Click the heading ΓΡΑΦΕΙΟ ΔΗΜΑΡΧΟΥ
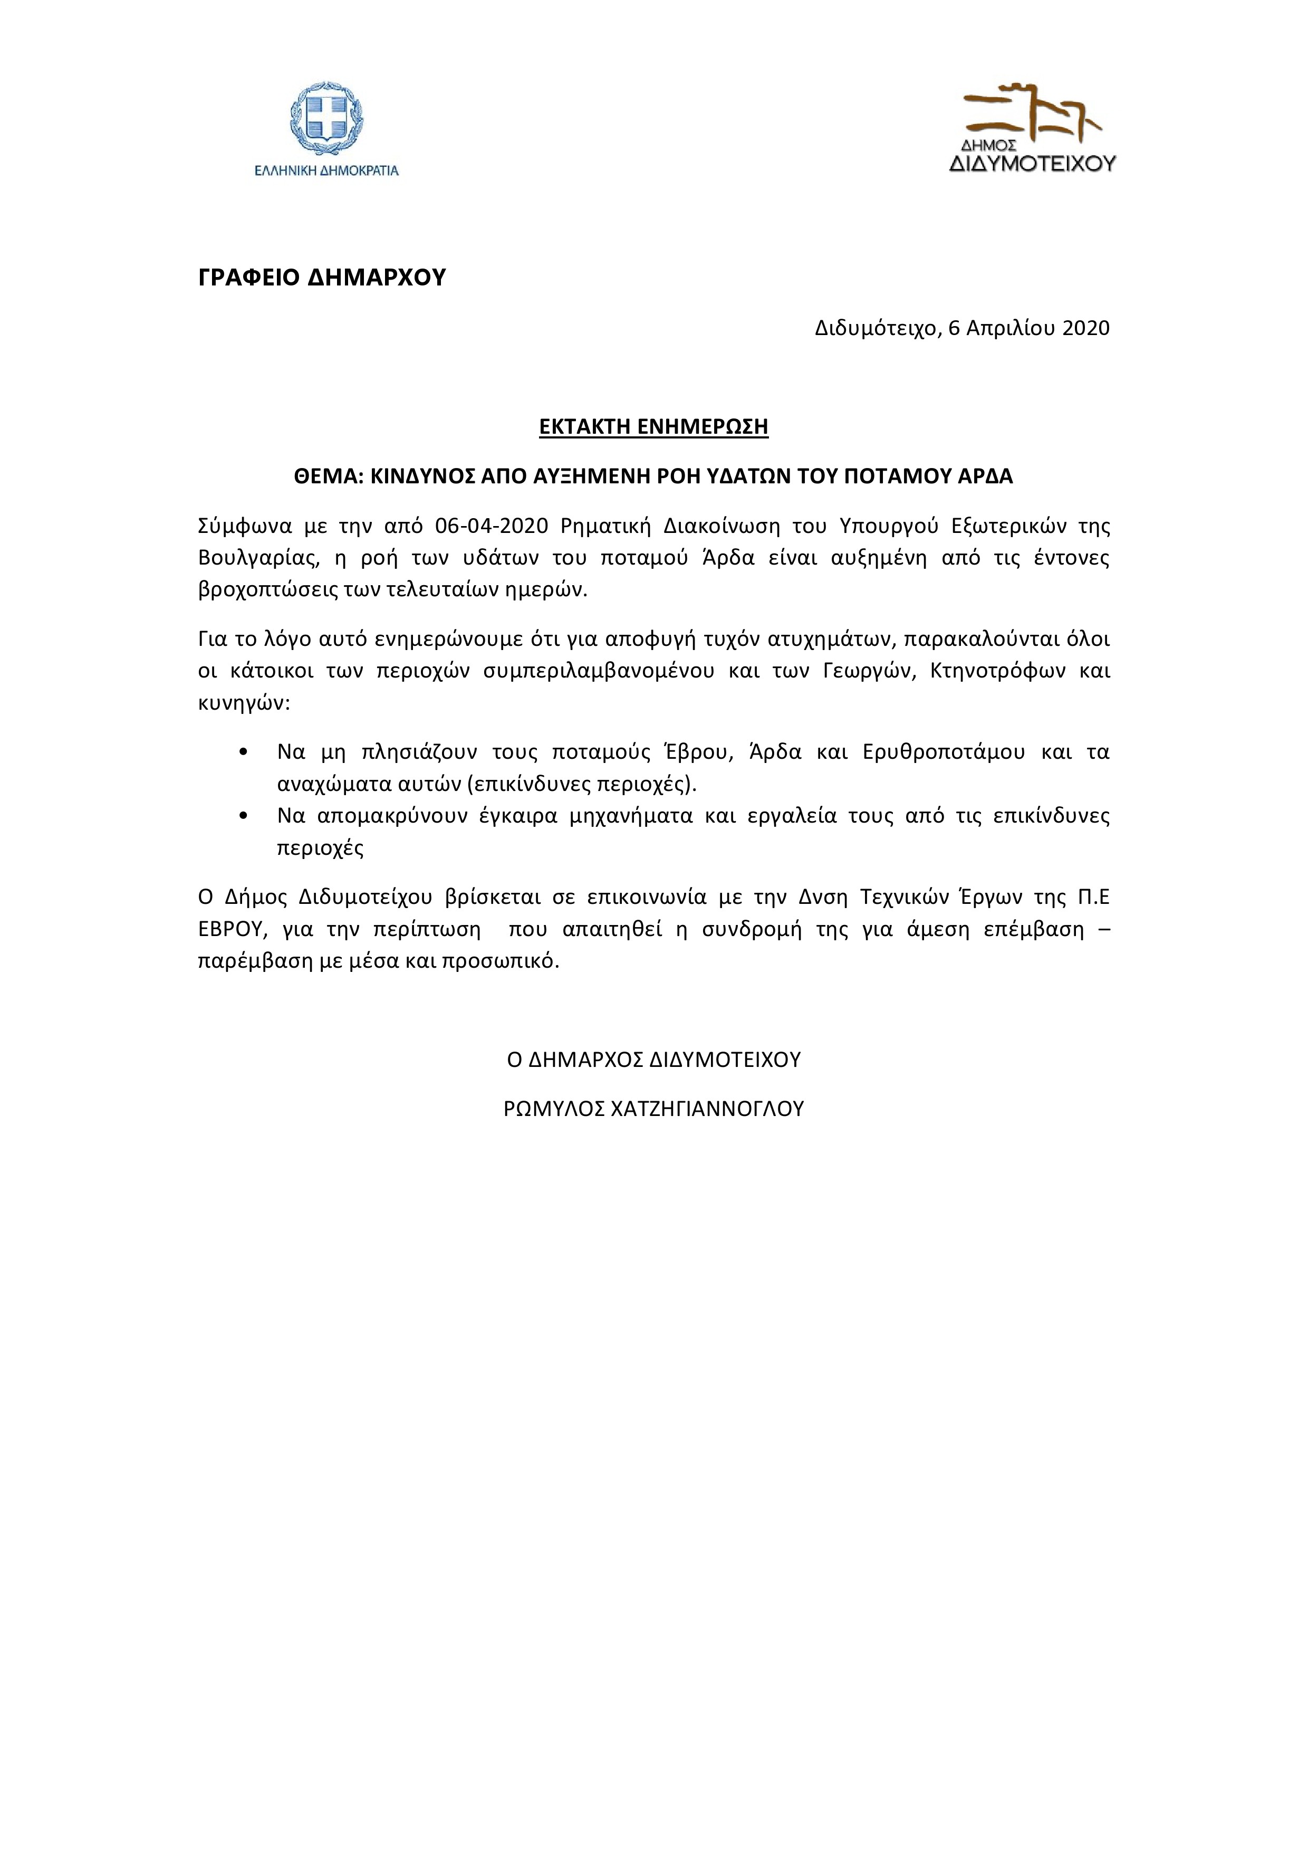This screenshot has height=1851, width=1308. point(322,278)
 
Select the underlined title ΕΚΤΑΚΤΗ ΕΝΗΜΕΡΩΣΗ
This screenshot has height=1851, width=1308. point(653,426)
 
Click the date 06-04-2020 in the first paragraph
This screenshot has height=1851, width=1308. point(491,527)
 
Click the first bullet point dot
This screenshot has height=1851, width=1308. point(243,753)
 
